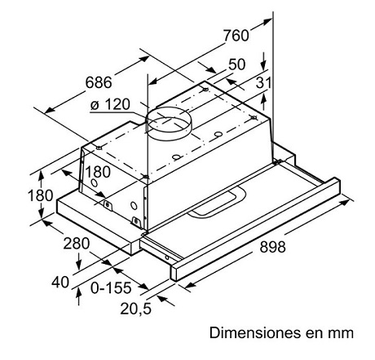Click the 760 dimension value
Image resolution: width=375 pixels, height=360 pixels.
pos(236,36)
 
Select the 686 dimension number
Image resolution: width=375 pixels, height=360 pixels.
pos(99,82)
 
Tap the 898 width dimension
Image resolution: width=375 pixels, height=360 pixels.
pos(272,247)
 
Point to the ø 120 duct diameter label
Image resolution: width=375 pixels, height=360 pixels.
pos(110,104)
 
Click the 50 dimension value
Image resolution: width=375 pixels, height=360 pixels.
pos(236,64)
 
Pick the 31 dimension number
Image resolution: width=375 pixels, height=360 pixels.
pos(263,82)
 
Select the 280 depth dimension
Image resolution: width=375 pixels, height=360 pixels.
pos(77,244)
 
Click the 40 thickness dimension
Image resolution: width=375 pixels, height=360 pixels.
pos(60,282)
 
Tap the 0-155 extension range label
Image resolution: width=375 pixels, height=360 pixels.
pos(111,288)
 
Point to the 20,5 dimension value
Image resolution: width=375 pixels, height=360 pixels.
pos(135,309)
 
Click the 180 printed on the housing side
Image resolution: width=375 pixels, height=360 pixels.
pos(98,172)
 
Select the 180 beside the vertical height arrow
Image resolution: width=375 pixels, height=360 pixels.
pos(41,195)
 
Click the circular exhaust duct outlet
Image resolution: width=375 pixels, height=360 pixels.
pos(169,124)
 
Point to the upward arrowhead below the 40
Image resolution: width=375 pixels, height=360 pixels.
pos(79,292)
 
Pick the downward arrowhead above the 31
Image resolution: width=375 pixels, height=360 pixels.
pos(263,66)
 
